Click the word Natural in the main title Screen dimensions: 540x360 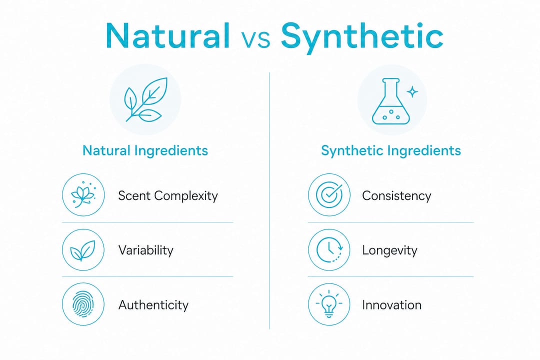(167, 35)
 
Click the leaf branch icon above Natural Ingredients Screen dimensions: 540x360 (145, 99)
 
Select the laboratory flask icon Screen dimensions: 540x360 (390, 101)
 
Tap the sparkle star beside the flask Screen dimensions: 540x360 (412, 92)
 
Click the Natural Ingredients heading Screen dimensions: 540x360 (145, 150)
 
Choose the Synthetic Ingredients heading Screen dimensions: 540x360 (391, 150)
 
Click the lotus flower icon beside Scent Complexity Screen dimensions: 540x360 (83, 194)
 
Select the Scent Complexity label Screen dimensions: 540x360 (168, 195)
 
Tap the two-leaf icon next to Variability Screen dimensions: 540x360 (83, 250)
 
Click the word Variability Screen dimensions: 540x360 (145, 250)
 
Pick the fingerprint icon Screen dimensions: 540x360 (83, 304)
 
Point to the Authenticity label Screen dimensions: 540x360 (153, 305)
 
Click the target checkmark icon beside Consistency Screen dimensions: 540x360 (329, 194)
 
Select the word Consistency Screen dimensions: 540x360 (396, 195)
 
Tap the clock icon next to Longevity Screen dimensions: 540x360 (329, 250)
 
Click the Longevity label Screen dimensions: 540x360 (389, 250)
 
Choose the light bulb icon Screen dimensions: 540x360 (329, 304)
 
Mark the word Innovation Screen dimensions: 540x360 (392, 305)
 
